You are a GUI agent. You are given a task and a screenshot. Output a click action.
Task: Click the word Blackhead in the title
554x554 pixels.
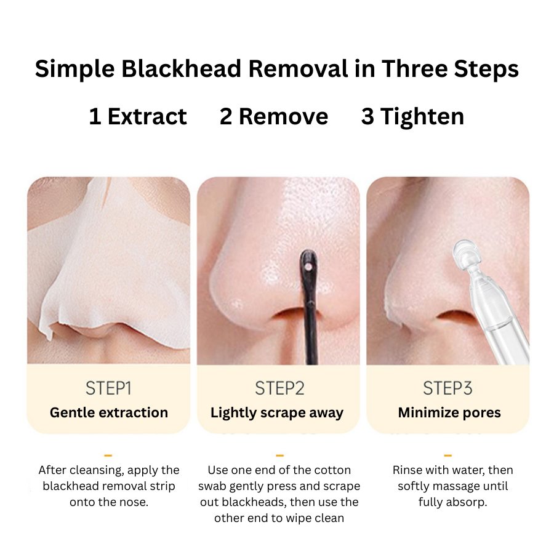[x=181, y=68]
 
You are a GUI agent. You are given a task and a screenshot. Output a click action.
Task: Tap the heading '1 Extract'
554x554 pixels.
[x=138, y=116]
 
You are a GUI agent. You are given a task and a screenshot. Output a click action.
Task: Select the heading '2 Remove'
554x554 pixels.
[x=274, y=116]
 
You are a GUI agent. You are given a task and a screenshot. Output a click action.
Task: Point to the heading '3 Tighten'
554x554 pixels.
[x=412, y=116]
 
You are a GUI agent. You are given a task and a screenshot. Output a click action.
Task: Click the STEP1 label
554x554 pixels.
[x=108, y=388]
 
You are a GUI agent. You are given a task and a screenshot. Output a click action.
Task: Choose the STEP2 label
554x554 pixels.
[x=279, y=388]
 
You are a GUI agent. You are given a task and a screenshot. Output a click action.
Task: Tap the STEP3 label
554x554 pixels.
[x=448, y=388]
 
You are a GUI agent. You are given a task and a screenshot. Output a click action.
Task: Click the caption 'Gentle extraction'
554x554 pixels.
[x=109, y=412]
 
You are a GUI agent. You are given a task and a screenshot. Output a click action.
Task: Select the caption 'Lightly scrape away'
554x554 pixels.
[x=277, y=412]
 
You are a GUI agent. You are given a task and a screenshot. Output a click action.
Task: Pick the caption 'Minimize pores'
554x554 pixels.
[x=449, y=412]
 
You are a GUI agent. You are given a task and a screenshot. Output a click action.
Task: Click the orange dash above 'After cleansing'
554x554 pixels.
[x=108, y=456]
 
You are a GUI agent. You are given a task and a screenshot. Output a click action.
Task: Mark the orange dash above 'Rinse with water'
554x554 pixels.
[x=448, y=456]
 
